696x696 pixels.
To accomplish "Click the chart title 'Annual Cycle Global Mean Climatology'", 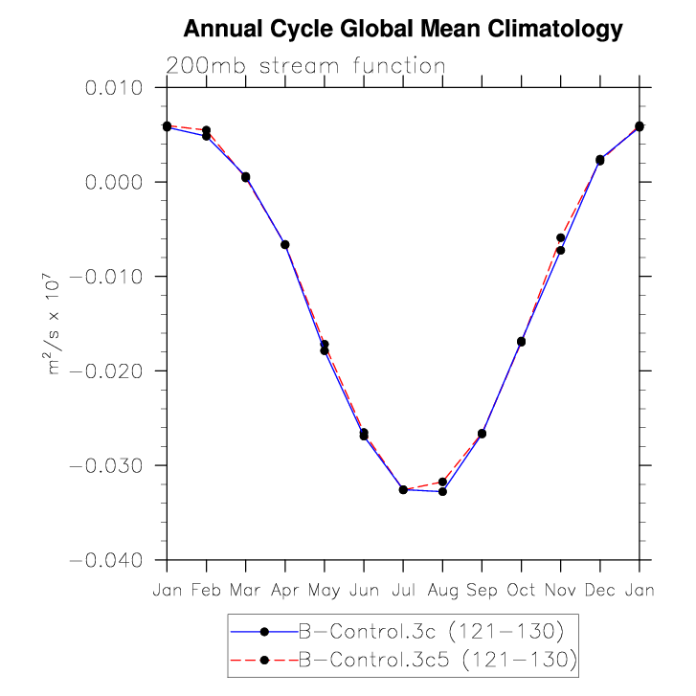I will pyautogui.click(x=402, y=30).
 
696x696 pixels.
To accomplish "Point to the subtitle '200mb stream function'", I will pyautogui.click(x=305, y=66).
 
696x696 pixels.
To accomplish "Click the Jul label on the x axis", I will pyautogui.click(x=403, y=591).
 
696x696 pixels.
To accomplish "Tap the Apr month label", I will pyautogui.click(x=284, y=591).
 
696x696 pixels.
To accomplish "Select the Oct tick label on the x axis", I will pyautogui.click(x=521, y=591).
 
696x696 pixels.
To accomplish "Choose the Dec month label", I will pyautogui.click(x=599, y=591).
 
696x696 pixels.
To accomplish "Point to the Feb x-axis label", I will pyautogui.click(x=206, y=591).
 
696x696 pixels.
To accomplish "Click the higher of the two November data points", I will pyautogui.click(x=560, y=237).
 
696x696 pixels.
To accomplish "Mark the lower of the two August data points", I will pyautogui.click(x=442, y=491).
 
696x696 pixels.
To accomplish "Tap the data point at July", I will pyautogui.click(x=403, y=489).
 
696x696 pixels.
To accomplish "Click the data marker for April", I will pyautogui.click(x=285, y=244).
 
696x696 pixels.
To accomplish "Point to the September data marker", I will pyautogui.click(x=482, y=434).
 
